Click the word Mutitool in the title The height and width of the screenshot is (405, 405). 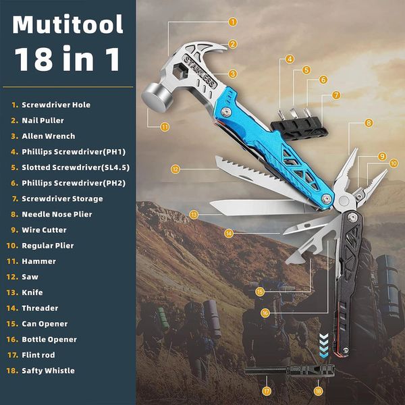point(67,24)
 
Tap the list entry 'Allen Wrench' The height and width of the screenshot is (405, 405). point(49,136)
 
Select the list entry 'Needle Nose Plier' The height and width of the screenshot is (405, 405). point(57,214)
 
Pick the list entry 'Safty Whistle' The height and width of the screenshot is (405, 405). point(48,371)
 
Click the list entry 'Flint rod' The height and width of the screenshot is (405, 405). point(38,355)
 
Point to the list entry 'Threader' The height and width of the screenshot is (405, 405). point(40,308)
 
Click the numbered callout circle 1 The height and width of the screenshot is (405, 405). point(232,22)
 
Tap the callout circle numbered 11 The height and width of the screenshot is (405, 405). point(165,127)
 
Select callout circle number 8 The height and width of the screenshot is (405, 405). point(369,123)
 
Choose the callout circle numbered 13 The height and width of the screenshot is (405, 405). point(194,215)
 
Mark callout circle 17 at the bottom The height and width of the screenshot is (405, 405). point(267,391)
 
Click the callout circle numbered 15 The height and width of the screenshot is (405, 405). point(260,292)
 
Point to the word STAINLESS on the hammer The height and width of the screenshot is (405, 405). point(199,71)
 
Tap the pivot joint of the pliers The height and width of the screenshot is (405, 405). point(344,200)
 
